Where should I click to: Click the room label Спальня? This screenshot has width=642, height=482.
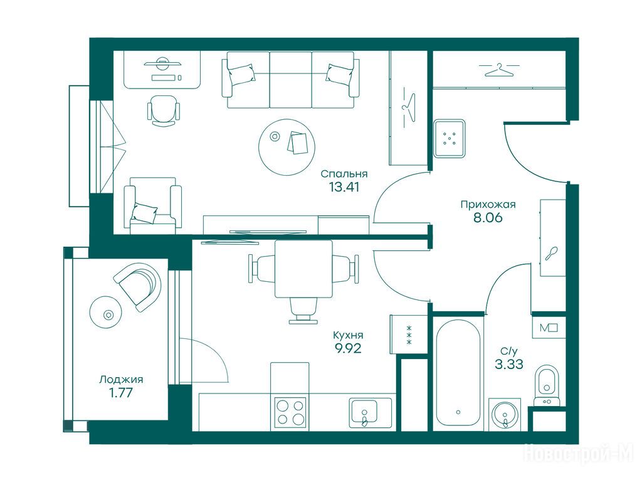click(344, 174)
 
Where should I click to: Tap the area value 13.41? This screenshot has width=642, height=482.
click(344, 187)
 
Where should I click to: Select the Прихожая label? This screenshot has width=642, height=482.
click(488, 204)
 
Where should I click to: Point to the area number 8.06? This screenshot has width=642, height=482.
click(488, 218)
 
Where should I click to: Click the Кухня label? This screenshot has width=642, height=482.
click(348, 335)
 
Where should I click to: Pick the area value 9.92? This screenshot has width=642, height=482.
click(348, 349)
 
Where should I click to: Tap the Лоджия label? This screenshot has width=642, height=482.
click(121, 380)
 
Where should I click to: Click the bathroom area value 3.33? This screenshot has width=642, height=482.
click(509, 364)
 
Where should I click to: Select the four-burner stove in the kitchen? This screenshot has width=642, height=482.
click(290, 412)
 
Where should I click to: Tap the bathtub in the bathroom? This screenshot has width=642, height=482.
click(458, 372)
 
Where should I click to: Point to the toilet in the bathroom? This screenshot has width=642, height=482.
click(546, 384)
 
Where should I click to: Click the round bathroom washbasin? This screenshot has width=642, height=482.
click(505, 414)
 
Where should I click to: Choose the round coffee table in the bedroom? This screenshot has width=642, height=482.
click(287, 147)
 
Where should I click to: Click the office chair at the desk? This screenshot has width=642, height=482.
click(163, 110)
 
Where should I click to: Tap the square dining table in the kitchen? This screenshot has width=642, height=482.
click(303, 269)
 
